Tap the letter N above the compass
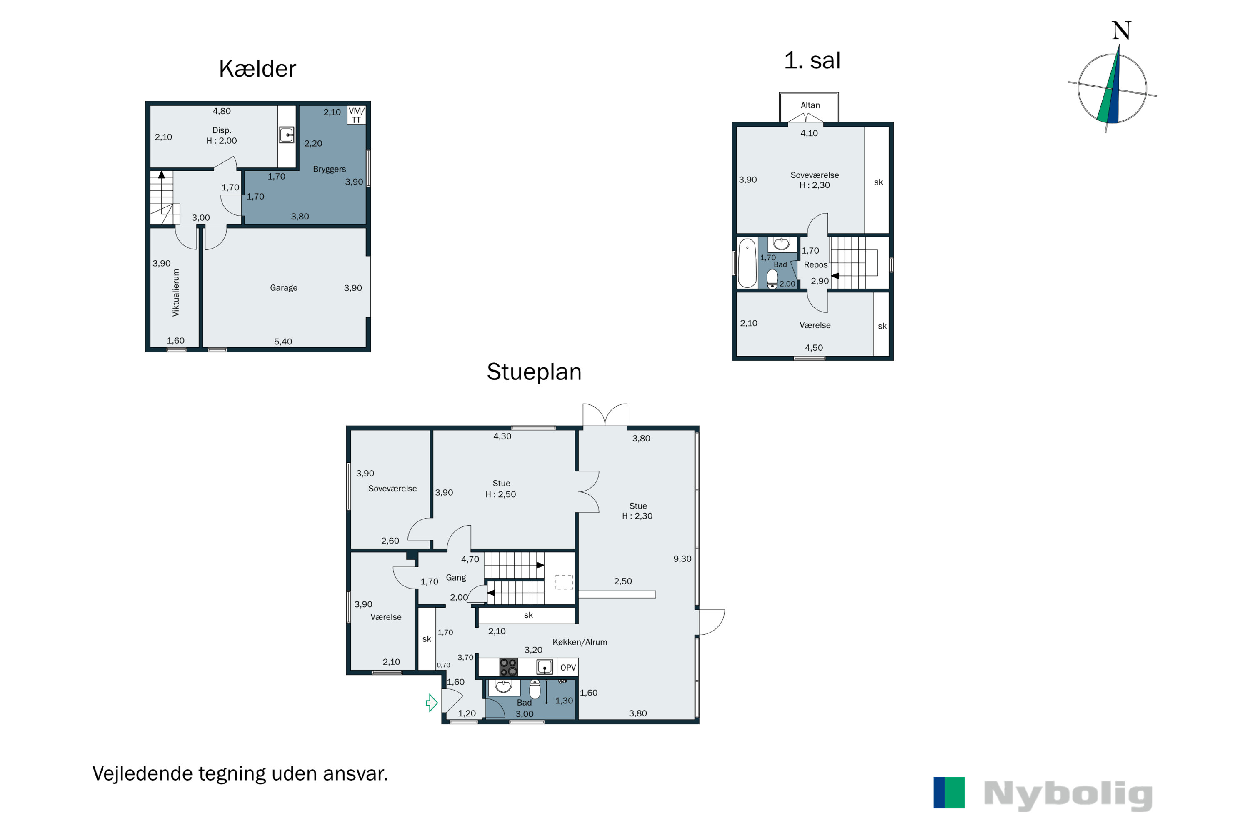point(1121,30)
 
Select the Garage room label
point(283,288)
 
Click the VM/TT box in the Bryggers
point(356,115)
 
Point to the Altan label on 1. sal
point(810,105)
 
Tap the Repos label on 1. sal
point(815,264)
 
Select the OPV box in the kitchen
point(567,668)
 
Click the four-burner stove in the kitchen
point(508,667)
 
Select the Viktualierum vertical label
point(176,293)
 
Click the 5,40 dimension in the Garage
point(283,342)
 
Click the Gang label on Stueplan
point(455,577)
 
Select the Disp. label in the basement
point(222,130)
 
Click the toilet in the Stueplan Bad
point(535,689)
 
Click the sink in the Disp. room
point(287,135)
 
